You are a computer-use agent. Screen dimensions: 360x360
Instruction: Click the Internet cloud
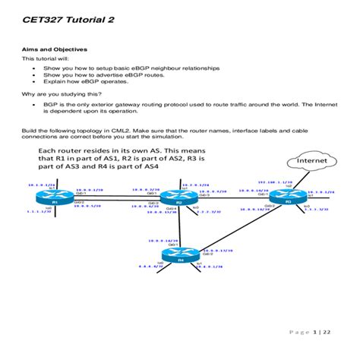(x=311, y=161)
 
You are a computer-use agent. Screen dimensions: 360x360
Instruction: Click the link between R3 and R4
(x=235, y=227)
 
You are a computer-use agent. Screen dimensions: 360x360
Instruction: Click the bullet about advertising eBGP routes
(x=95, y=74)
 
